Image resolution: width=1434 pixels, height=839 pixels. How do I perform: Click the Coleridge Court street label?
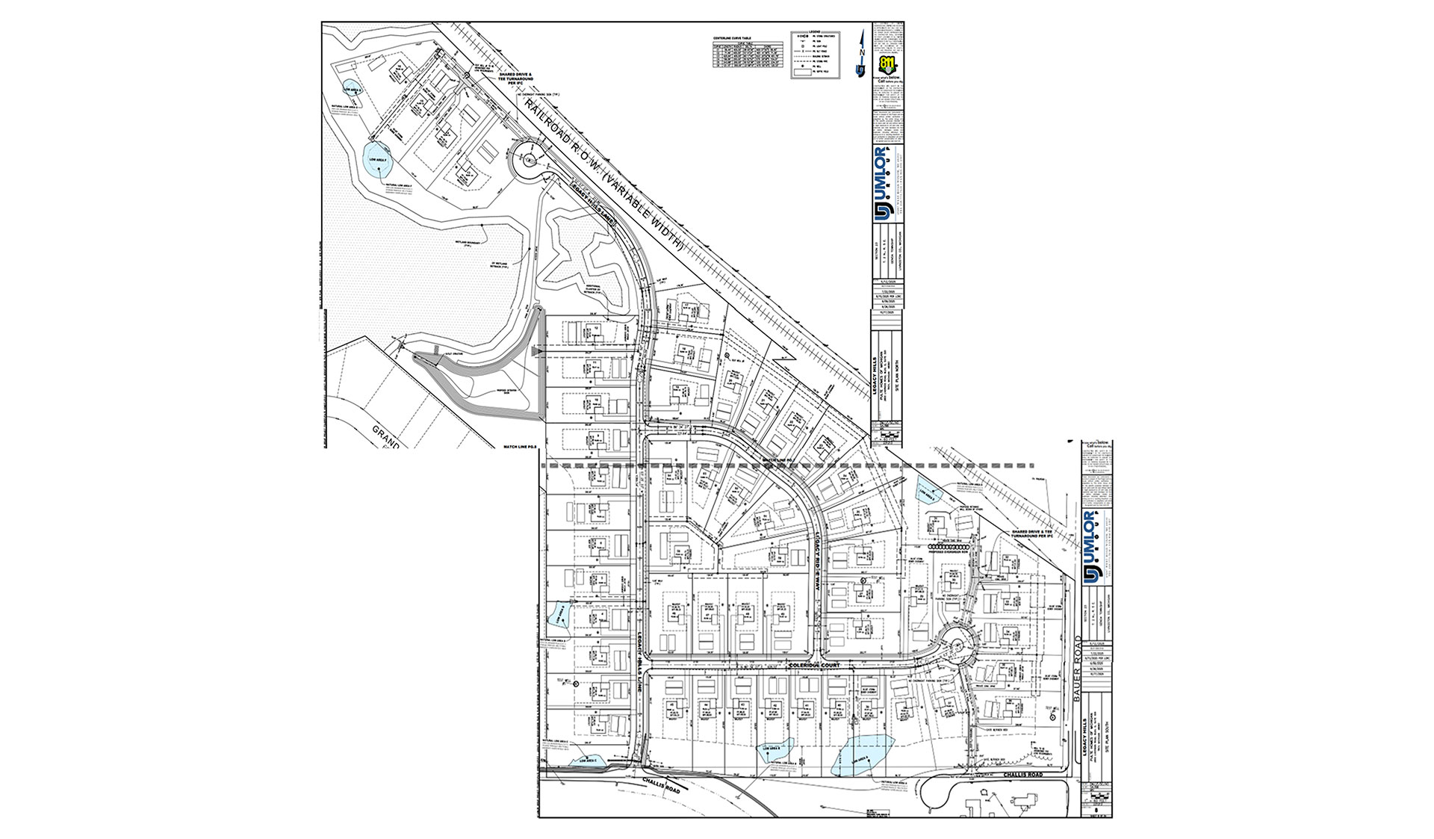point(813,665)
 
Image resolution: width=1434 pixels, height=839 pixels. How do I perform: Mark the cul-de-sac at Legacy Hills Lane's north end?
point(530,160)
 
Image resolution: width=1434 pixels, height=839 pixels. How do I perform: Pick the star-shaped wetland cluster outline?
point(584,258)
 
